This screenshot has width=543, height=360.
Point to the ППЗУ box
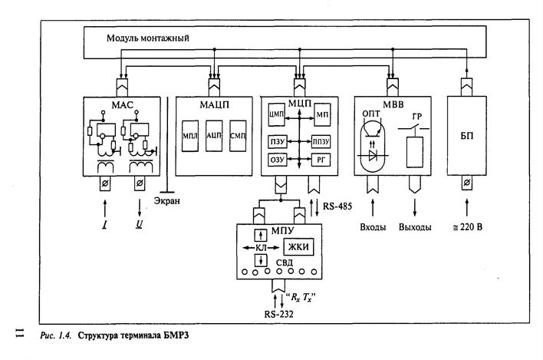320,142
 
